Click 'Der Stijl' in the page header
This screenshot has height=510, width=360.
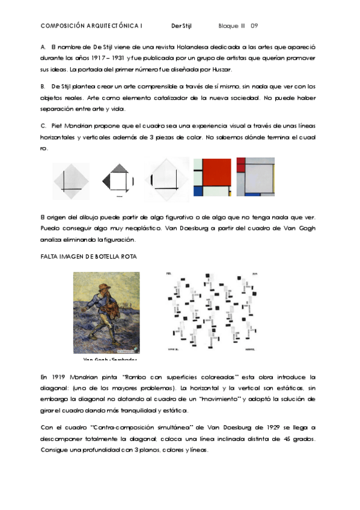(x=181, y=26)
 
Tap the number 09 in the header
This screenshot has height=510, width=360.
(x=254, y=26)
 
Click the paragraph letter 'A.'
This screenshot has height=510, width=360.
(x=43, y=46)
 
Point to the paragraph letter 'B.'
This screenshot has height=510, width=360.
(x=43, y=87)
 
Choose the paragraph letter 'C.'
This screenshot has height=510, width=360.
(x=43, y=126)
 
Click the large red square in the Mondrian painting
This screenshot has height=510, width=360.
(x=212, y=173)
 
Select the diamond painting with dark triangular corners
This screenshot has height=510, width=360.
(x=119, y=177)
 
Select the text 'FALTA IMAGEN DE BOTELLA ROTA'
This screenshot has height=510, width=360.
(x=88, y=256)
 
